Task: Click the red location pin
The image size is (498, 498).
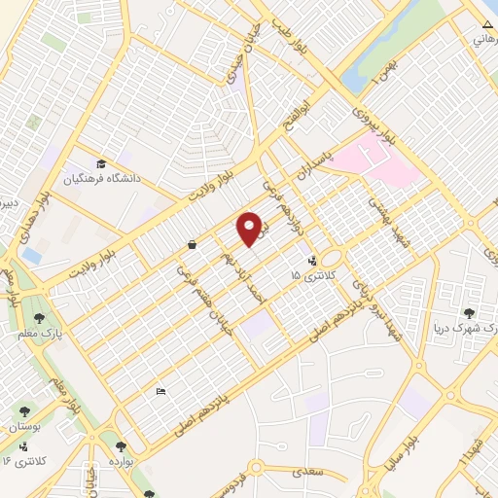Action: [250, 229]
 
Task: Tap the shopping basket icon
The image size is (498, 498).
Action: [193, 244]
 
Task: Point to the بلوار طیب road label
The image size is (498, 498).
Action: [291, 38]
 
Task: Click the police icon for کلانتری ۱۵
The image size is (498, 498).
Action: [312, 260]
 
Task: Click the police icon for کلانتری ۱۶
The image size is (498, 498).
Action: [22, 446]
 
